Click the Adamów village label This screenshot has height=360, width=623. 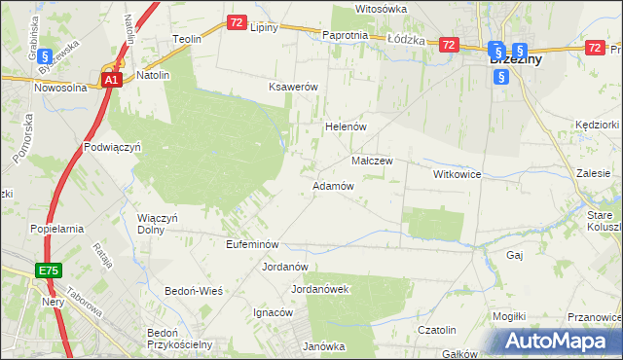pos(332,186)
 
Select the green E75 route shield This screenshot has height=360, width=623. pos(48,270)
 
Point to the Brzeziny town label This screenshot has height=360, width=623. pos(516,59)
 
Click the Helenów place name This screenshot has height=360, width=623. pos(344,127)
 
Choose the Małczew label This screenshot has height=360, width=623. pos(371,162)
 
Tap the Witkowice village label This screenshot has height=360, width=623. pos(458,173)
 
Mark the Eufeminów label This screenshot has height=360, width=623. pos(252,244)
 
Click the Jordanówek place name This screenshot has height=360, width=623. pos(320,289)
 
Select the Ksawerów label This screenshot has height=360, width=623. pos(294,87)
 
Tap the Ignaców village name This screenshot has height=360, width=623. pos(273,312)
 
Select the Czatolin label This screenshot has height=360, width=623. pos(437,330)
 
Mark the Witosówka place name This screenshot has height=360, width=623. pos(380,8)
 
